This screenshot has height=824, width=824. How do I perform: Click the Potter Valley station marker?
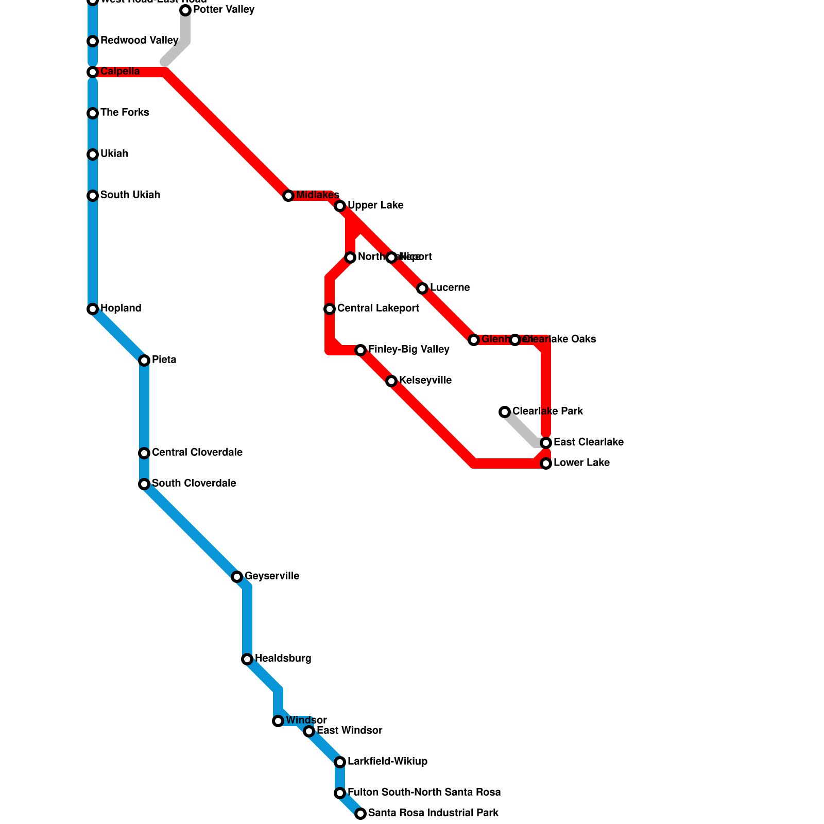[x=185, y=10]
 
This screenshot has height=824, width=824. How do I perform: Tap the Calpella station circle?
[x=93, y=72]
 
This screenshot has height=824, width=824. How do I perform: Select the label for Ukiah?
[x=114, y=154]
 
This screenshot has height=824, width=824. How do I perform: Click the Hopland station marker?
[x=93, y=309]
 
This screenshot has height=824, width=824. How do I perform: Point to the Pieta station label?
[x=164, y=360]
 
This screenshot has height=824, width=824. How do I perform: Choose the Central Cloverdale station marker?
[x=144, y=453]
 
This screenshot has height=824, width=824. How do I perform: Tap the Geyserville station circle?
[x=237, y=577]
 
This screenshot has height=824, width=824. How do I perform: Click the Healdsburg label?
[x=283, y=659]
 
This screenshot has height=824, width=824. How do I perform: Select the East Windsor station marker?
[x=309, y=731]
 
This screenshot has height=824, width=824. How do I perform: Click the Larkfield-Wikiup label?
[x=387, y=762]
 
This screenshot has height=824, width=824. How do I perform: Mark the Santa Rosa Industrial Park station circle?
[x=360, y=814]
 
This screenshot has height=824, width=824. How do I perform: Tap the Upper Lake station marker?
[x=340, y=206]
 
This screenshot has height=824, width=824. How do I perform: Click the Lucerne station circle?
[x=422, y=288]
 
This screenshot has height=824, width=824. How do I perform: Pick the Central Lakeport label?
[x=378, y=308]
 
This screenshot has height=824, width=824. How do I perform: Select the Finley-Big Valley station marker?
[x=360, y=350]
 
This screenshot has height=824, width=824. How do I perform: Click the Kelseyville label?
[x=425, y=381]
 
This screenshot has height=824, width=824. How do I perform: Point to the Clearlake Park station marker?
[x=505, y=412]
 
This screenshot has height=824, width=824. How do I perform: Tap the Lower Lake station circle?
[x=546, y=463]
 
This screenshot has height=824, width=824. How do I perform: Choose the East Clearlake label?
[x=589, y=442]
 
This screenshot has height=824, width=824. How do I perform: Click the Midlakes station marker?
[x=288, y=196]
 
